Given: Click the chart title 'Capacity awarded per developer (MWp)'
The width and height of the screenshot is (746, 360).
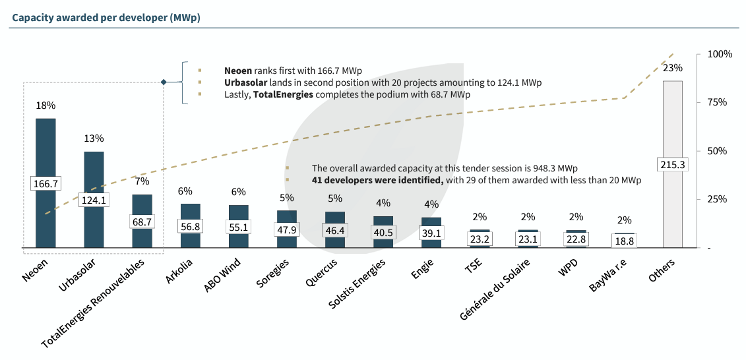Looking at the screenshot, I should [x=106, y=17].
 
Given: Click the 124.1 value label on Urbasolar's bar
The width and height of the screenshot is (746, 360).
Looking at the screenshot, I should [x=94, y=200].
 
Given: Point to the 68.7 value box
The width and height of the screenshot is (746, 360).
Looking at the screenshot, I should [x=142, y=222].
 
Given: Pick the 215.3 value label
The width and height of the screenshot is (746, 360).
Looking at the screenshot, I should [x=673, y=164].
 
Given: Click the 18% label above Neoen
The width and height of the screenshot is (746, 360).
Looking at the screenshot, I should [x=46, y=105].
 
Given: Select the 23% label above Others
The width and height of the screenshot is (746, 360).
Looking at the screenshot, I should [x=673, y=68].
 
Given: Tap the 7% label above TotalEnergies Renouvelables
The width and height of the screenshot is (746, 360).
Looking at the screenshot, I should [x=142, y=181].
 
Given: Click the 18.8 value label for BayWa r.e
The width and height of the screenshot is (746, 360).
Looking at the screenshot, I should [x=625, y=241].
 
